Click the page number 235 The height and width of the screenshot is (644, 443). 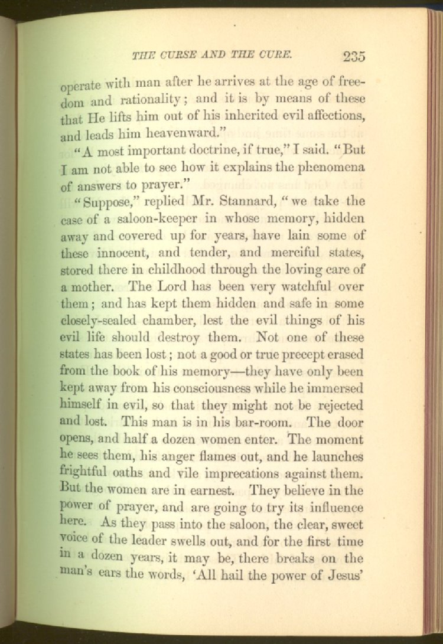click(x=353, y=57)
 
